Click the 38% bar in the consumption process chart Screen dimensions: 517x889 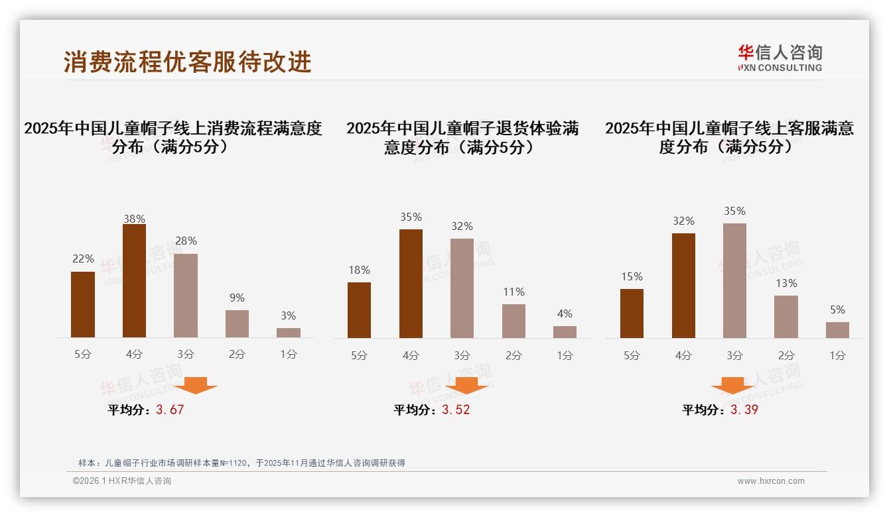click(x=134, y=281)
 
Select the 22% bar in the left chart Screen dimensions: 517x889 click(x=83, y=304)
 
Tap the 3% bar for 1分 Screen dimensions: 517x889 click(x=289, y=333)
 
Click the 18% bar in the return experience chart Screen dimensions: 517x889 click(x=359, y=310)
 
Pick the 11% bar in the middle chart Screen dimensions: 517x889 click(x=513, y=321)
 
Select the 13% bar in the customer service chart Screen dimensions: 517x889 click(x=786, y=317)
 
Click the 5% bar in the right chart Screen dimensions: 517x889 click(x=837, y=330)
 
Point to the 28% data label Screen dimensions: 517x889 click(x=186, y=241)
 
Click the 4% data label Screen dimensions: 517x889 click(x=565, y=314)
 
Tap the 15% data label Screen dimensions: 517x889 click(x=632, y=277)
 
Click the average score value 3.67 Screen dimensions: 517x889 click(x=170, y=410)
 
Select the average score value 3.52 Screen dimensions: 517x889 click(x=456, y=410)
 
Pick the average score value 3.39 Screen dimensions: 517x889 click(x=744, y=410)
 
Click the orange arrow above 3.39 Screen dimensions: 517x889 click(x=732, y=386)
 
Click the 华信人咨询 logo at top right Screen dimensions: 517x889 click(x=780, y=58)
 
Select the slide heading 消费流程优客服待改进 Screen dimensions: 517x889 click(x=188, y=62)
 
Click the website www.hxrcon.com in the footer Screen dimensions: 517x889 click(x=771, y=481)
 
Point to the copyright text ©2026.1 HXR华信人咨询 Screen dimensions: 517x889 click(x=121, y=481)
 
